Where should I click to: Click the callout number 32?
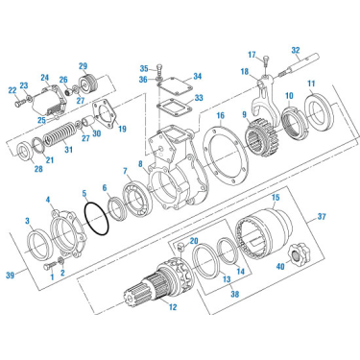[296, 49]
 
